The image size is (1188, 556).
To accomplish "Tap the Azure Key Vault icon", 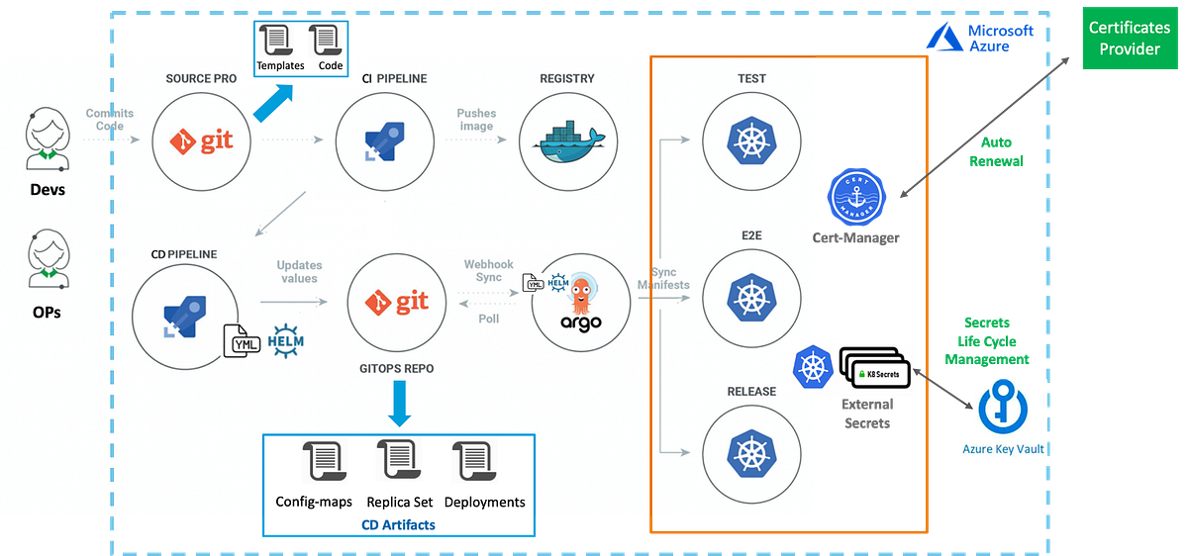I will [x=1003, y=408].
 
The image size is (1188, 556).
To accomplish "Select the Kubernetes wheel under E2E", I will [x=750, y=295].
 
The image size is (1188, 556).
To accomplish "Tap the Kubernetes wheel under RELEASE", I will [x=750, y=453].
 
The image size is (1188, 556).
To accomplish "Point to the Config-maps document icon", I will [x=323, y=463].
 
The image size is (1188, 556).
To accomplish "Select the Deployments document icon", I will [x=472, y=463].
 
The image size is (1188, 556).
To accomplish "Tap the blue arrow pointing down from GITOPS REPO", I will [x=399, y=404].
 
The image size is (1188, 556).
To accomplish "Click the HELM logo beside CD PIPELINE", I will [x=285, y=336].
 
